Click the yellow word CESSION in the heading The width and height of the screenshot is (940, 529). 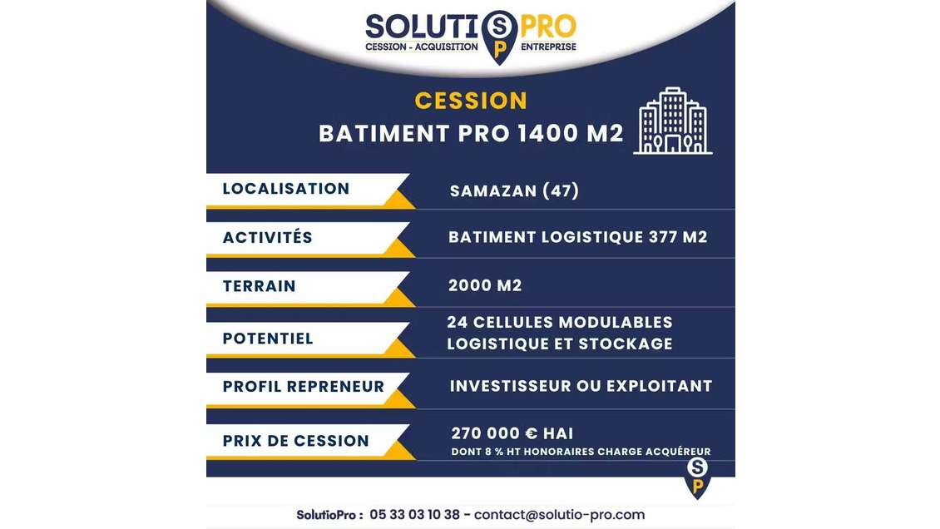point(471,101)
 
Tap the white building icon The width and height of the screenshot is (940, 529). point(673,121)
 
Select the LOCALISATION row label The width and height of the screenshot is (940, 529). point(286,189)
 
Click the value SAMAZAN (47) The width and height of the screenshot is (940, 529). point(514,190)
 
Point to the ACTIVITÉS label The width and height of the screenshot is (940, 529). point(268,238)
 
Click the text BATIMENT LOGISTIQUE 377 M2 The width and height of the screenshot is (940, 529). point(578,237)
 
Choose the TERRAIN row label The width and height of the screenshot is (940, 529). point(260,286)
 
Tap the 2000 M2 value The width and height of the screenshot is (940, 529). point(485,285)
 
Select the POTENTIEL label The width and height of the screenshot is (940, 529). point(268,339)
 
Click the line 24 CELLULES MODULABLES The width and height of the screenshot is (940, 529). point(560,322)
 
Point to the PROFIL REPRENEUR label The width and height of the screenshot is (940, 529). point(304,387)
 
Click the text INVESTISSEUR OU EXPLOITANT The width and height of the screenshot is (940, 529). point(581,386)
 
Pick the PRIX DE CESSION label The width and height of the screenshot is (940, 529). point(296,441)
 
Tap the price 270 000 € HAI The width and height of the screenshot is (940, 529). point(512,433)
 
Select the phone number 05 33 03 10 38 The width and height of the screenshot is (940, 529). point(414,514)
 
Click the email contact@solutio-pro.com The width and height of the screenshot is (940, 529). point(559,514)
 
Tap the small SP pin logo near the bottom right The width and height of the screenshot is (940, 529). point(697,477)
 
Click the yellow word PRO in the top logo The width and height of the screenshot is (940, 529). point(548,27)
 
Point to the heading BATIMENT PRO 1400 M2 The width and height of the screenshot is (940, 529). point(471,134)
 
